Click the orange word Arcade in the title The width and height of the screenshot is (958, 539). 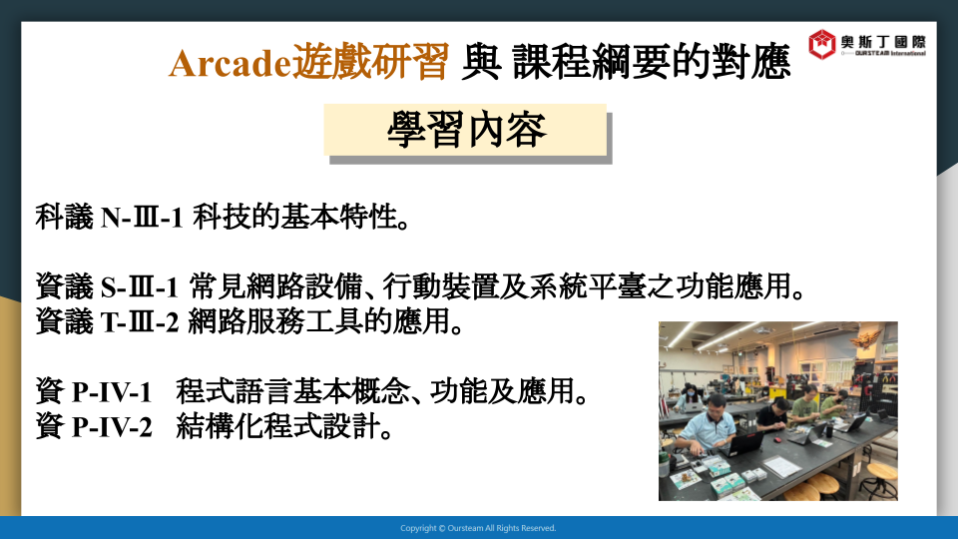point(231,63)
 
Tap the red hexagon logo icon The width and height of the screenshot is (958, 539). point(821,44)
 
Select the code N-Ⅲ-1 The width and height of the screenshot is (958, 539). point(142,218)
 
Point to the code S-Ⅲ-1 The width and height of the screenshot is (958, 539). point(140,287)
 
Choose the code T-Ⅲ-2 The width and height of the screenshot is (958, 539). point(140,322)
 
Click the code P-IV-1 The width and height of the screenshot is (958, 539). point(112,392)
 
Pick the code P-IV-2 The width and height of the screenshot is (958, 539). point(112,427)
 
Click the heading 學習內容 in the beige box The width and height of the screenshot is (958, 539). point(466,130)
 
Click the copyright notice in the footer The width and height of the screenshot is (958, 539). point(478,528)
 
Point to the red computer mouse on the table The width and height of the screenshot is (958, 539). point(777,439)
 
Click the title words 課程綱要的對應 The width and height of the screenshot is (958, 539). point(652,62)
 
